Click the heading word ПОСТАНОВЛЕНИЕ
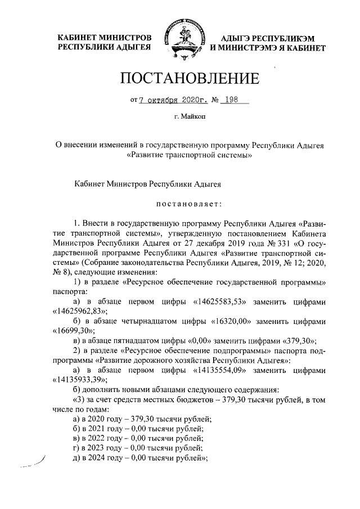[190, 79]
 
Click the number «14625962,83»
[79, 311]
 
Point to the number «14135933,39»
[79, 379]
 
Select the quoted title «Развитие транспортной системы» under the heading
[190, 155]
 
